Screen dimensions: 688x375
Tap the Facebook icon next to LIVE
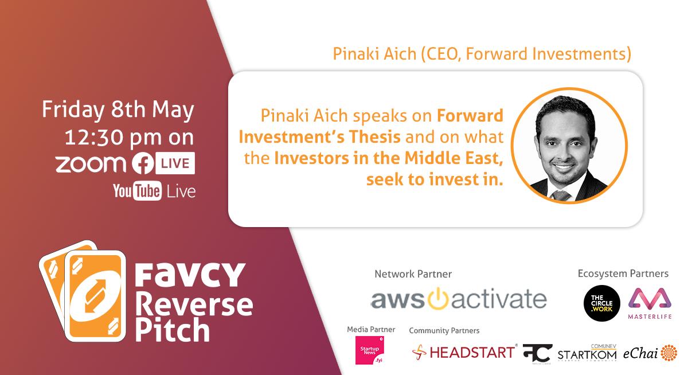tap(143, 163)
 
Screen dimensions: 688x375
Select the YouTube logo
tap(137, 191)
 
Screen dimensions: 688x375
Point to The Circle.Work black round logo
tap(601, 303)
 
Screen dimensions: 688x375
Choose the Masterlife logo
tap(650, 303)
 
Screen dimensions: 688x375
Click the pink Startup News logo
tap(369, 350)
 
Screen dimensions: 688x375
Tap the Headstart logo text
tap(472, 352)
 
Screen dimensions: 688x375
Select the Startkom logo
tap(587, 353)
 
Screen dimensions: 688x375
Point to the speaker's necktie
tap(561, 195)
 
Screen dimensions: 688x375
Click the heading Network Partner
tap(413, 274)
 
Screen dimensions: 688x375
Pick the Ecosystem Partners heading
tap(623, 274)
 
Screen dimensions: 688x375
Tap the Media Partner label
tap(371, 329)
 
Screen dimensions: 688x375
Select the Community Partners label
tap(444, 330)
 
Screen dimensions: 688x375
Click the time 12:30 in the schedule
tap(94, 137)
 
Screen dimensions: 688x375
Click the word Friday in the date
tap(73, 110)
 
